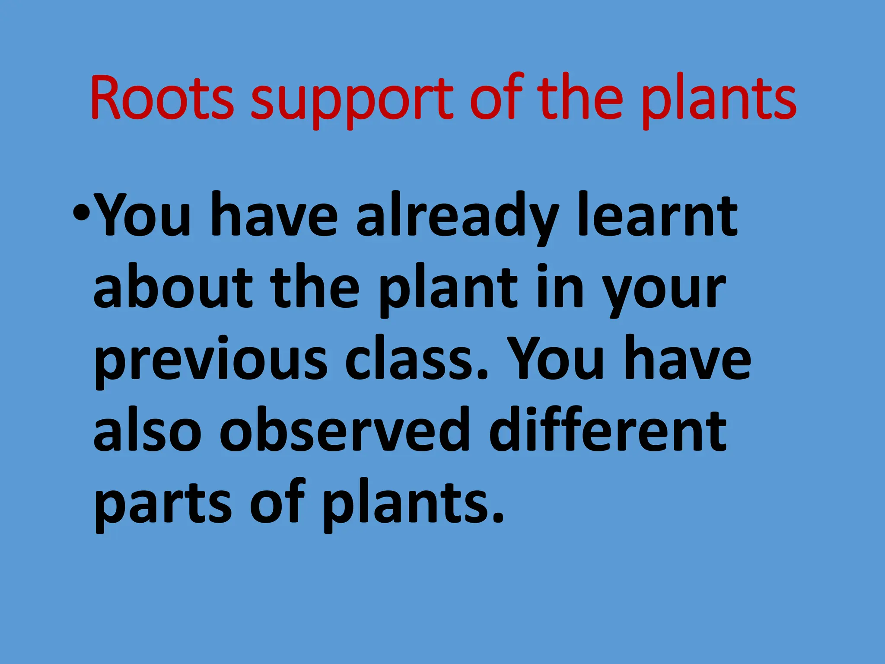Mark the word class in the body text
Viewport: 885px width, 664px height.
coord(417,359)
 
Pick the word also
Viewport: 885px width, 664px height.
coord(147,430)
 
